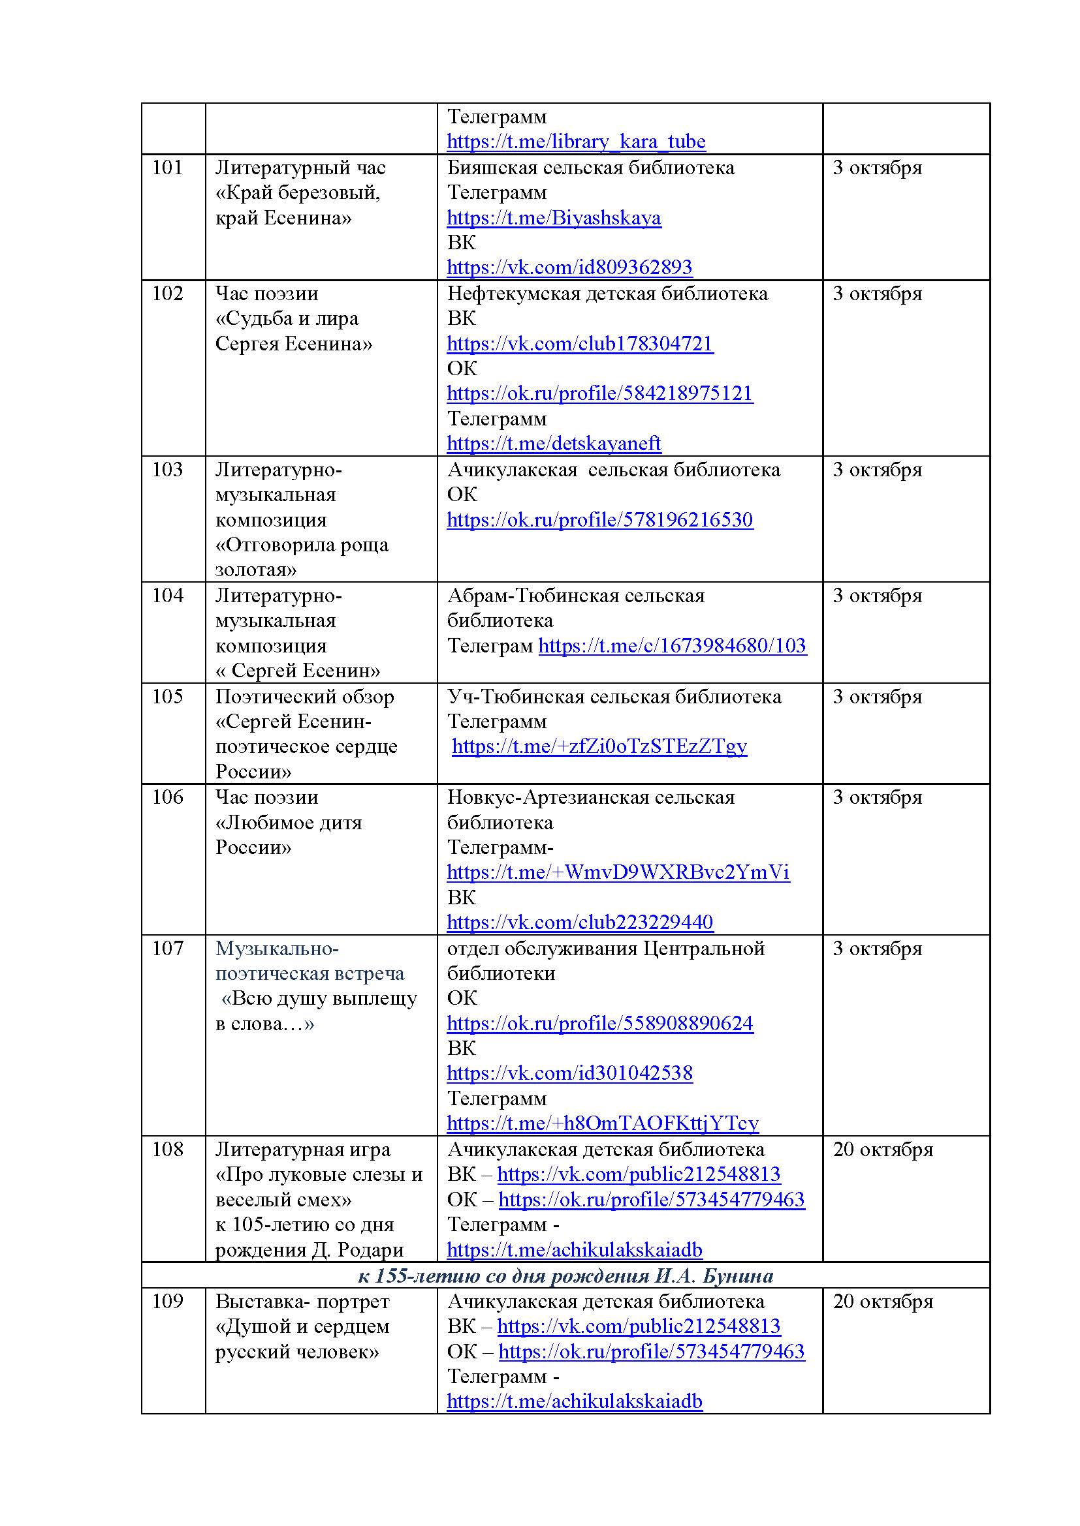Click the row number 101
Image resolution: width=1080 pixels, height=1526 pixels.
coord(167,168)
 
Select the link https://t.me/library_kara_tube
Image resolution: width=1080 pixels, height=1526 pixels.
coord(576,142)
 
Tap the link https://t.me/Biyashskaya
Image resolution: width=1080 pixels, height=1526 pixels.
coord(554,218)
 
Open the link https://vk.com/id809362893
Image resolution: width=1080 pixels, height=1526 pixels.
coord(569,267)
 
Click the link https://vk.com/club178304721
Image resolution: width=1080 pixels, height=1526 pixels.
coord(580,344)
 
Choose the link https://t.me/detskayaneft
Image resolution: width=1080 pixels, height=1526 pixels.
coord(554,443)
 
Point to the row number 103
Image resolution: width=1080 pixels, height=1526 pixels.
coord(167,470)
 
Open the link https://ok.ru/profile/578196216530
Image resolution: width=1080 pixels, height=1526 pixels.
coord(600,520)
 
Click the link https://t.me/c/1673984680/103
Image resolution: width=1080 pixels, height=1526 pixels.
coord(673,645)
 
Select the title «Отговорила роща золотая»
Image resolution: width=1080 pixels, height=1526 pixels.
coord(302,557)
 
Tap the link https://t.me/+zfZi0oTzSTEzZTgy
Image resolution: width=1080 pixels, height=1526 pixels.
coord(599,746)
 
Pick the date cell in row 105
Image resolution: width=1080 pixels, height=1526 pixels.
coord(877,697)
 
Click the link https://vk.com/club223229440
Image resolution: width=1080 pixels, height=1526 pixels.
coord(580,923)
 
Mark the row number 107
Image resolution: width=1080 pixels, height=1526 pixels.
coord(167,949)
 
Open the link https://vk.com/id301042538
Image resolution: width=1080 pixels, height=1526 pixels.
coord(569,1073)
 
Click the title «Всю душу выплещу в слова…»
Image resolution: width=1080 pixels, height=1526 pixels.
coord(317,1011)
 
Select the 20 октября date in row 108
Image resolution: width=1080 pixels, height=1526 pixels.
coord(883,1150)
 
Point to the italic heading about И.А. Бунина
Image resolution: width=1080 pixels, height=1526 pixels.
coord(565,1275)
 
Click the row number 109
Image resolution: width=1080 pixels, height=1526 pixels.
coord(167,1302)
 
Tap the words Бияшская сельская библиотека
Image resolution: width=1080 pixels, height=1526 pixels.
coord(590,168)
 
